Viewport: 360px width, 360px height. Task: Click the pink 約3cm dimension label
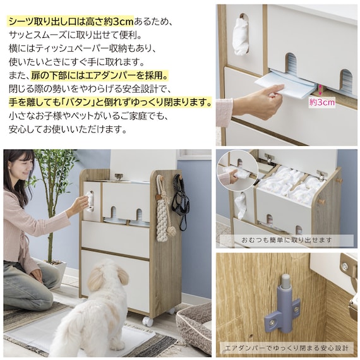[x=321, y=102]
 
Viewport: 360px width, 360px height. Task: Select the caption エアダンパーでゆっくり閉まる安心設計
[x=287, y=348]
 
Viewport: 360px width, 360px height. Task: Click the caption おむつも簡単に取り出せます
[x=287, y=240]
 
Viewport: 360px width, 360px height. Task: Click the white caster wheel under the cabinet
[x=147, y=321]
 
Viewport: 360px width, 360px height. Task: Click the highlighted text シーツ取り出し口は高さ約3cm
[x=71, y=22]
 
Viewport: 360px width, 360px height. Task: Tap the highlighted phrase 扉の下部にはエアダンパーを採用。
[x=100, y=76]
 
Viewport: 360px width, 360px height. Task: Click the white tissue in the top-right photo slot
[x=241, y=36]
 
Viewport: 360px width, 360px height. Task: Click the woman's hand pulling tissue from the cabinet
[x=83, y=202]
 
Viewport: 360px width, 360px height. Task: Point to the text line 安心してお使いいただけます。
[x=68, y=129]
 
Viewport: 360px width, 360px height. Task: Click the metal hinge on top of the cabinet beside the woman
[x=119, y=177]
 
